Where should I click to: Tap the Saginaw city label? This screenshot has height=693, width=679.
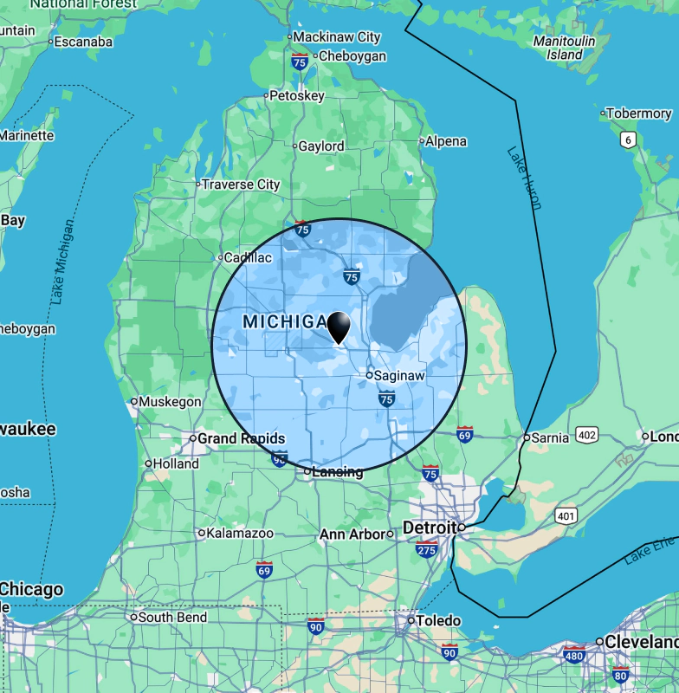click(x=399, y=376)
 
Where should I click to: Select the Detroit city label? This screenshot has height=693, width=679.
click(x=430, y=528)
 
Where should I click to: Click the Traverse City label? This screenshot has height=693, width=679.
click(x=241, y=185)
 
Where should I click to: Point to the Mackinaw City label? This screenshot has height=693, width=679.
click(x=336, y=37)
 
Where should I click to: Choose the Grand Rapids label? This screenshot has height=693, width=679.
click(x=241, y=438)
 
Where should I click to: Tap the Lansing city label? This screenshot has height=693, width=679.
click(x=338, y=472)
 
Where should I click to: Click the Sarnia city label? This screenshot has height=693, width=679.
click(x=550, y=437)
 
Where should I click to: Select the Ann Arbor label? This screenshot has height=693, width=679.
click(x=352, y=534)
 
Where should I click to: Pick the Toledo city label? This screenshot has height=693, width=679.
click(x=438, y=621)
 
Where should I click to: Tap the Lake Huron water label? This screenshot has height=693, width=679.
click(x=525, y=178)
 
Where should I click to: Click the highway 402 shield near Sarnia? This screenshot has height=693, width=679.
click(x=586, y=434)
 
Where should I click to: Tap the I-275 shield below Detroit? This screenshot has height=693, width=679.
click(x=426, y=549)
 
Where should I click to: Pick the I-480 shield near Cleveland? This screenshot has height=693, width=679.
click(x=573, y=654)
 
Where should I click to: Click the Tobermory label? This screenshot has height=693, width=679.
click(x=639, y=113)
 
